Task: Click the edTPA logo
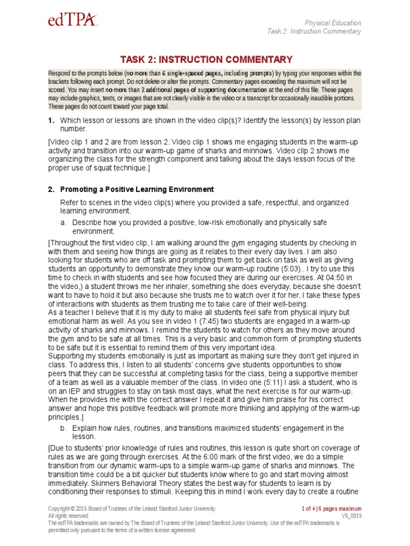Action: (x=73, y=21)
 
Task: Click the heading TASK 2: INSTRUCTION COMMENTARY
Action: (x=206, y=60)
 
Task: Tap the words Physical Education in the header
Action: (x=333, y=23)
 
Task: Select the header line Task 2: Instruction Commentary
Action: (x=314, y=31)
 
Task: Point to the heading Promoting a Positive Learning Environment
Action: (x=137, y=189)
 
